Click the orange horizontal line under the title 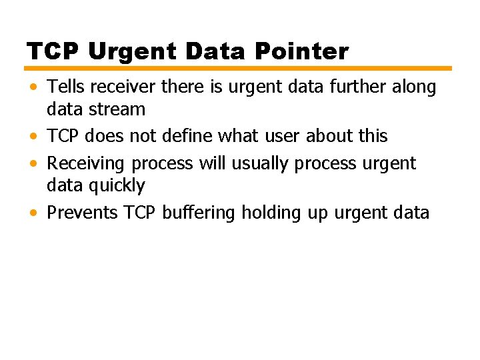239,68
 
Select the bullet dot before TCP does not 33,137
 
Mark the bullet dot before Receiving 33,164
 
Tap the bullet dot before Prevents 33,213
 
